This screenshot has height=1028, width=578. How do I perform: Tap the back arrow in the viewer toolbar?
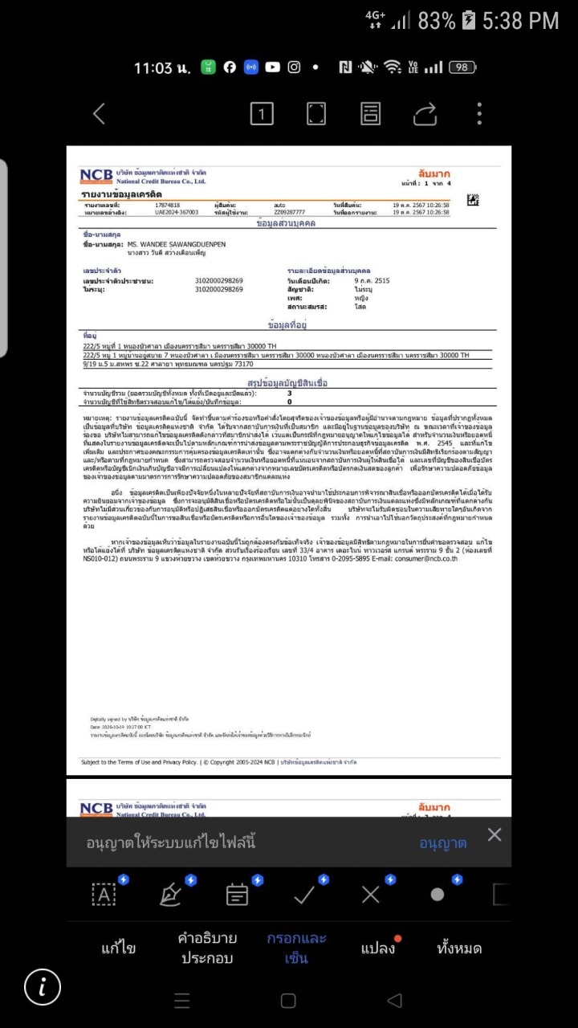(x=100, y=114)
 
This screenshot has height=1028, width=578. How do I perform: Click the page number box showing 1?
(x=262, y=114)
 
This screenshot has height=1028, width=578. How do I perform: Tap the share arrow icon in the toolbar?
(x=425, y=114)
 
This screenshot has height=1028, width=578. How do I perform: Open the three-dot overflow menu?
(x=479, y=114)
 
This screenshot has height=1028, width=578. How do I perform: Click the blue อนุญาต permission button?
(x=442, y=843)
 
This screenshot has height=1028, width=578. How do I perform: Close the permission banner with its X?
(x=495, y=834)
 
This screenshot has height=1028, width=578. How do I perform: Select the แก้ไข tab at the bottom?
(x=118, y=948)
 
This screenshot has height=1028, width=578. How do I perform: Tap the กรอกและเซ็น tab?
(x=296, y=948)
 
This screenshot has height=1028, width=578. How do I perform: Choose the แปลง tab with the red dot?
(x=378, y=948)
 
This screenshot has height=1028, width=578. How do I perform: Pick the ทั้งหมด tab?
(x=459, y=948)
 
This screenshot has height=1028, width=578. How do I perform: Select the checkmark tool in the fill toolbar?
(x=304, y=895)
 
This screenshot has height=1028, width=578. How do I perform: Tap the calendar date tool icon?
(x=237, y=895)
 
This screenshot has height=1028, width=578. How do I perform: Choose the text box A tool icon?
(x=104, y=895)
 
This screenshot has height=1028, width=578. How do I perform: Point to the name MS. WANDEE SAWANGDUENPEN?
(x=177, y=243)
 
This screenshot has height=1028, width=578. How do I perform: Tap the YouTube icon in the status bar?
(x=272, y=67)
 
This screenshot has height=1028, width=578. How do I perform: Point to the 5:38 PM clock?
(x=520, y=21)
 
